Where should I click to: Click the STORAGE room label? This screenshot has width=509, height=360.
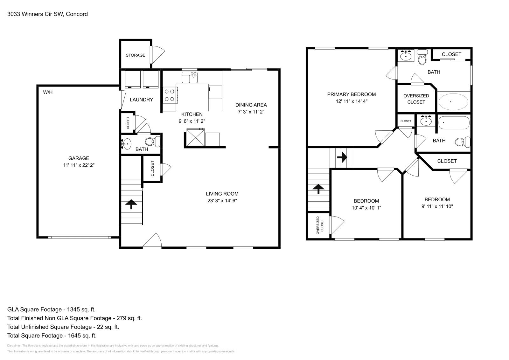135,55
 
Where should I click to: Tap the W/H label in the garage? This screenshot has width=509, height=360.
48,93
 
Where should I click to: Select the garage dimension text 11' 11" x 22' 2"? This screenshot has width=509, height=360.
79,165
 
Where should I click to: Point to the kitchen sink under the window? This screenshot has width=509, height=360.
190,78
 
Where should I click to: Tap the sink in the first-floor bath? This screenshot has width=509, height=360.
126,144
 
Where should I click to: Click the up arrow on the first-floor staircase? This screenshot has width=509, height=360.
131,204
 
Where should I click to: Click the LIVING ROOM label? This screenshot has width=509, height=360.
222,194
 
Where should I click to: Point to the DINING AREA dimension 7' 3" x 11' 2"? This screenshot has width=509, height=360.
251,112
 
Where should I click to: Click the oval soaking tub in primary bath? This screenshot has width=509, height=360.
453,102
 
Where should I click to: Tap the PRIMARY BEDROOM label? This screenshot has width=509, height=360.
351,94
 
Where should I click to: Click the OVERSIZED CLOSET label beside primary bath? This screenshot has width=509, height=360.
416,99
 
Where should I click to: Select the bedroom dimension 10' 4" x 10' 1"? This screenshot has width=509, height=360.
366,208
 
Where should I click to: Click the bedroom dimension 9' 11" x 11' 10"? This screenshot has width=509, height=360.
437,206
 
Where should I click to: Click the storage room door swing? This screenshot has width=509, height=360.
157,54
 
